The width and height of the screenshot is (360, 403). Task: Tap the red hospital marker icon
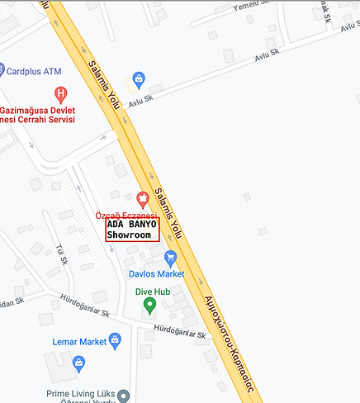point(59,93)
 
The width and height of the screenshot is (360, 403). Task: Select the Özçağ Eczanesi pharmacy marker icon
point(142,198)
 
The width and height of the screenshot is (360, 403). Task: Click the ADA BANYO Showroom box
point(132,229)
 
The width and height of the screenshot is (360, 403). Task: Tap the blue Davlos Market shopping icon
point(171,258)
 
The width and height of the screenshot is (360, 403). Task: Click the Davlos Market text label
point(156,274)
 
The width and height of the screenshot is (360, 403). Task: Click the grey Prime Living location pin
point(124,395)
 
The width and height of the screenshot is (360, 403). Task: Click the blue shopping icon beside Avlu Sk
point(139,80)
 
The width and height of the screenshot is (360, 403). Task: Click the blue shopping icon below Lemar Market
point(78,362)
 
